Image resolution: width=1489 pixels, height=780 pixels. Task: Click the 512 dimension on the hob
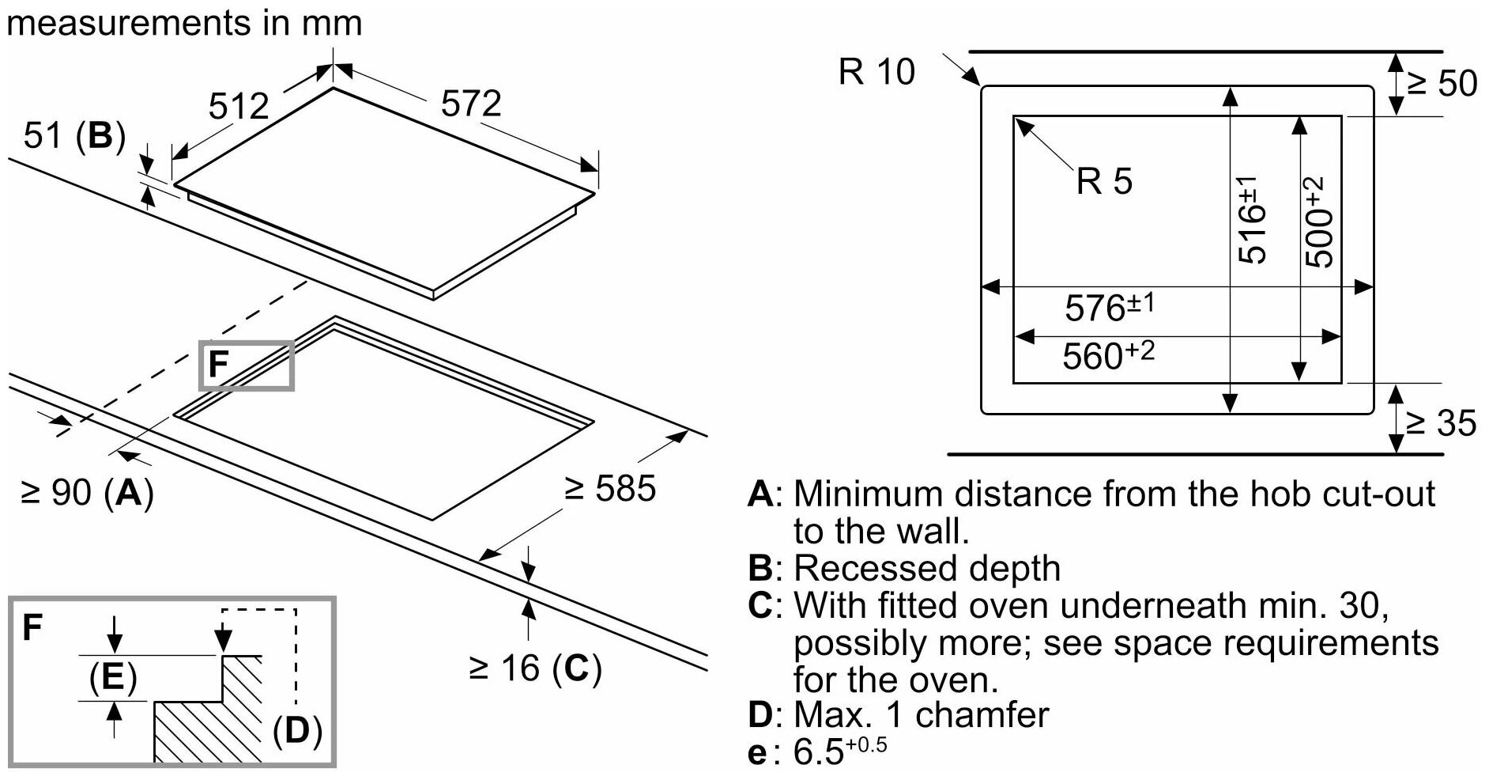[239, 106]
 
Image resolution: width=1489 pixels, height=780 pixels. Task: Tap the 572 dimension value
[471, 104]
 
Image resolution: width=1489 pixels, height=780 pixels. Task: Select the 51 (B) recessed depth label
[75, 136]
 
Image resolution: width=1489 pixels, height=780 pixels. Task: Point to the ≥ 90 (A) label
[87, 493]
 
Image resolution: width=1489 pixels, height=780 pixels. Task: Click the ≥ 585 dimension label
[610, 488]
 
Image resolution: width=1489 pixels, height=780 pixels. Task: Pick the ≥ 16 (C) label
[535, 668]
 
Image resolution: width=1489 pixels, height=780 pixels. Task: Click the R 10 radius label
[876, 72]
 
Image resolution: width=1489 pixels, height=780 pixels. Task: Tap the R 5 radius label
[1104, 181]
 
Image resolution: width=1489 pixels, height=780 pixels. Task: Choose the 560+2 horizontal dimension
[1108, 355]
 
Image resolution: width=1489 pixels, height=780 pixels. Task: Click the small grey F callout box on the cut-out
[247, 365]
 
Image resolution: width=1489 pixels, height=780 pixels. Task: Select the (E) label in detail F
[113, 678]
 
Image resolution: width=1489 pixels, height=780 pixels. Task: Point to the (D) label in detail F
[296, 730]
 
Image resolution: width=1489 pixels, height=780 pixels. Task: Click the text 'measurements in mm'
[184, 22]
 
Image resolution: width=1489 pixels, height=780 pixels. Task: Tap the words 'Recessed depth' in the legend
[926, 568]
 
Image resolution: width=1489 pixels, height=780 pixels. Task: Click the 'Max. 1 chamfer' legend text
[921, 714]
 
